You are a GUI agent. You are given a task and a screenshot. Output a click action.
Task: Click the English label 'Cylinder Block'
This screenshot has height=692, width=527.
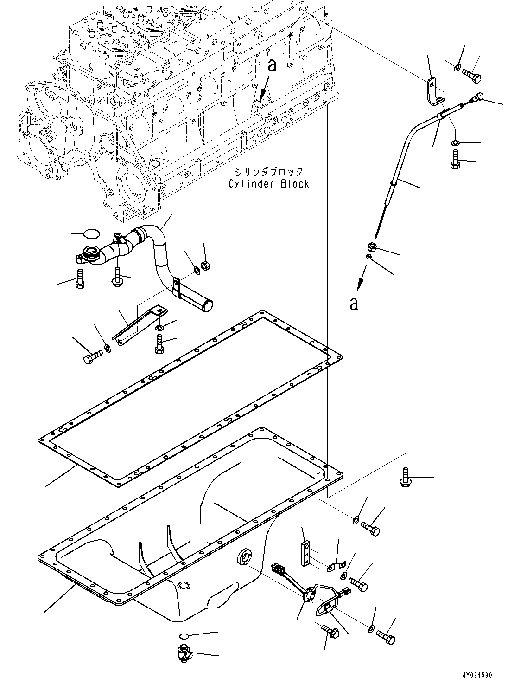coord(268,184)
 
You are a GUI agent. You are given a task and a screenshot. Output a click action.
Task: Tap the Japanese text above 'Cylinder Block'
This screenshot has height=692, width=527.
coord(268,172)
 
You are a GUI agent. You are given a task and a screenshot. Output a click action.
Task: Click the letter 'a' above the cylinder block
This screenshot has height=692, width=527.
coord(273,66)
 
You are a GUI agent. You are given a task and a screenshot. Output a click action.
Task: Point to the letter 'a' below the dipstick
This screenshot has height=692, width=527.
coord(354,304)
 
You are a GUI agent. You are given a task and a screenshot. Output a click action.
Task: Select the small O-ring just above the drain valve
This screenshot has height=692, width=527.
coord(184,635)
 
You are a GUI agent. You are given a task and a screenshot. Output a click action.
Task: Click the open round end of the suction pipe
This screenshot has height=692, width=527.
coord(207,306)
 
